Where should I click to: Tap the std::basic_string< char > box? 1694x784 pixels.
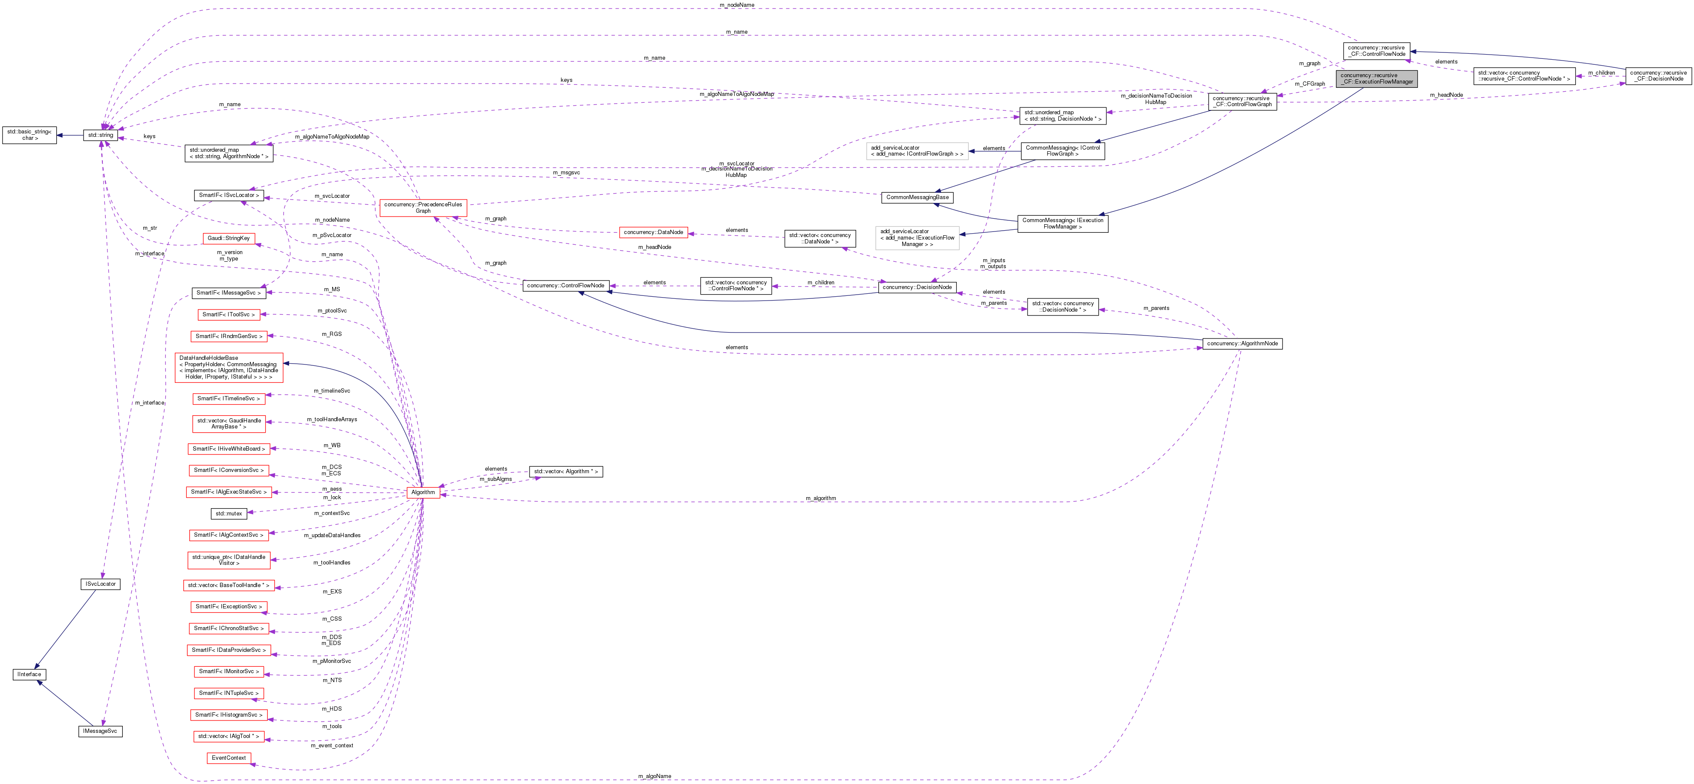pyautogui.click(x=29, y=135)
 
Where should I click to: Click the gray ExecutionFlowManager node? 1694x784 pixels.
pyautogui.click(x=1376, y=78)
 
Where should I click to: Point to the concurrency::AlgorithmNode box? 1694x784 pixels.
pyautogui.click(x=1242, y=343)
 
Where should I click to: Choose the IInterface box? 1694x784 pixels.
pyautogui.click(x=29, y=674)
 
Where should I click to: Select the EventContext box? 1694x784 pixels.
pyautogui.click(x=228, y=758)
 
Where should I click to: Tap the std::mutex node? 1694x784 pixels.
pyautogui.click(x=228, y=513)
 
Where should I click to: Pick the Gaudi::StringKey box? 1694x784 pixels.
pyautogui.click(x=228, y=238)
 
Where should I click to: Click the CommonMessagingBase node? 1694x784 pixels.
pyautogui.click(x=917, y=197)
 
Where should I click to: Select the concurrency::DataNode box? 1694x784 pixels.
pyautogui.click(x=653, y=232)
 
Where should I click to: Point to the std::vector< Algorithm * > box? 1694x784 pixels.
pyautogui.click(x=565, y=472)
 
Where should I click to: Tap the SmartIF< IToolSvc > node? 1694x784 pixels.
pyautogui.click(x=228, y=314)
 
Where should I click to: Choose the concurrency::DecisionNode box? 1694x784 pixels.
pyautogui.click(x=917, y=287)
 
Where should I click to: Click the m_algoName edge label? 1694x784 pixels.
pyautogui.click(x=654, y=776)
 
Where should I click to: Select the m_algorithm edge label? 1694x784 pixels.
pyautogui.click(x=821, y=498)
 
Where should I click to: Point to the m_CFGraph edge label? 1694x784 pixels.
pyautogui.click(x=1309, y=84)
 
